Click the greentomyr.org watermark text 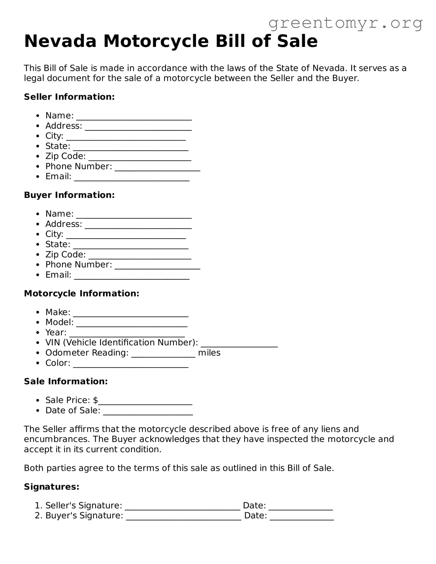346,23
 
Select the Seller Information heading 69,97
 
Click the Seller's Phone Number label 79,166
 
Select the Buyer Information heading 69,195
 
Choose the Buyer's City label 54,234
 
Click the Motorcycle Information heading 82,293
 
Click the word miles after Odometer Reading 209,353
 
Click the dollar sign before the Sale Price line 95,400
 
